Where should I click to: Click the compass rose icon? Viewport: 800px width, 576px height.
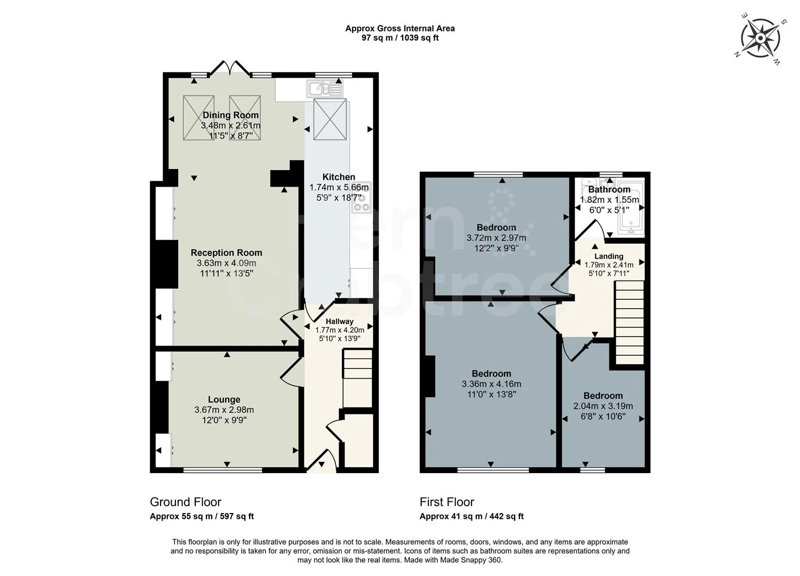pos(760,38)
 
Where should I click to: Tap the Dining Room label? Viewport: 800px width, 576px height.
pos(230,115)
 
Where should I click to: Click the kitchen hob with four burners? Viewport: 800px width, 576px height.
pos(361,200)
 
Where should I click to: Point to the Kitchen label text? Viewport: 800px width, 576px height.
pos(339,177)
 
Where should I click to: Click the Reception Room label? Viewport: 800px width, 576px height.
pos(227,253)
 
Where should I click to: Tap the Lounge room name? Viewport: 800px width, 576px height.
pos(224,399)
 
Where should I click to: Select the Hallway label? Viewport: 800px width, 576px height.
pos(340,322)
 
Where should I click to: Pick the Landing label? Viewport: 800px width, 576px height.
pos(609,257)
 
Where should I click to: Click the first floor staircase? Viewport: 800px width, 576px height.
pos(629,322)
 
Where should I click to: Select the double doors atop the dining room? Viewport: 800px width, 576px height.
pos(230,68)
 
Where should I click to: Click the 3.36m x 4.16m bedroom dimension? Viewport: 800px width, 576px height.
pos(491,384)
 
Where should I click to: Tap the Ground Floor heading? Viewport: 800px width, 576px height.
pos(186,502)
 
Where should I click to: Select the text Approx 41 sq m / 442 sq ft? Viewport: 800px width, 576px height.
pos(471,516)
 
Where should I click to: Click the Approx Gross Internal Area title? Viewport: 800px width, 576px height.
pos(400,28)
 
